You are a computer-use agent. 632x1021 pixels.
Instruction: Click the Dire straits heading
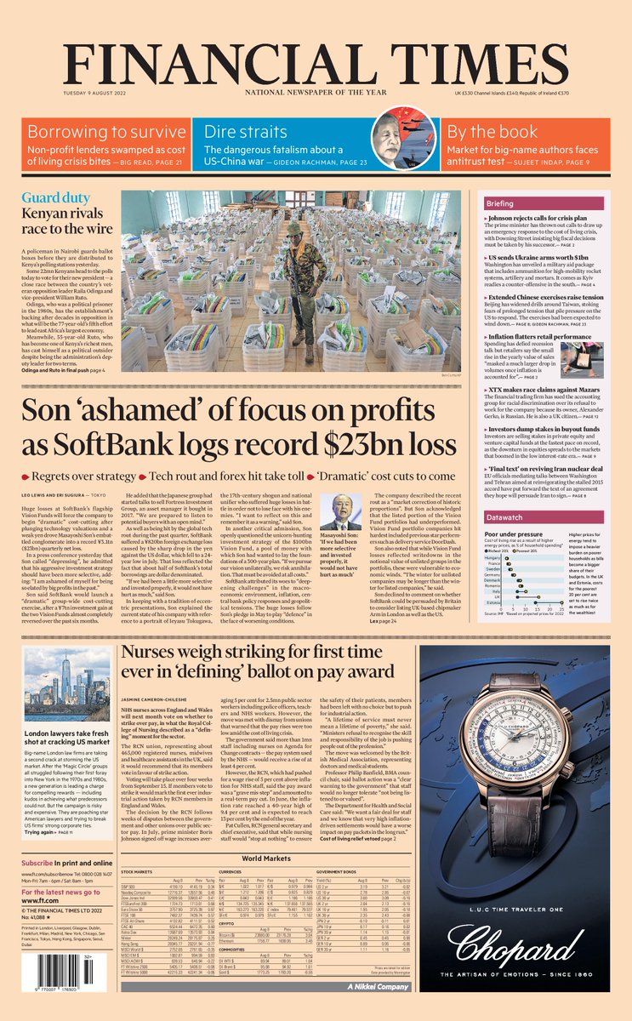(x=246, y=132)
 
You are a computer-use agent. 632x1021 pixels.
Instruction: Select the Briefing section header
(x=523, y=204)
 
